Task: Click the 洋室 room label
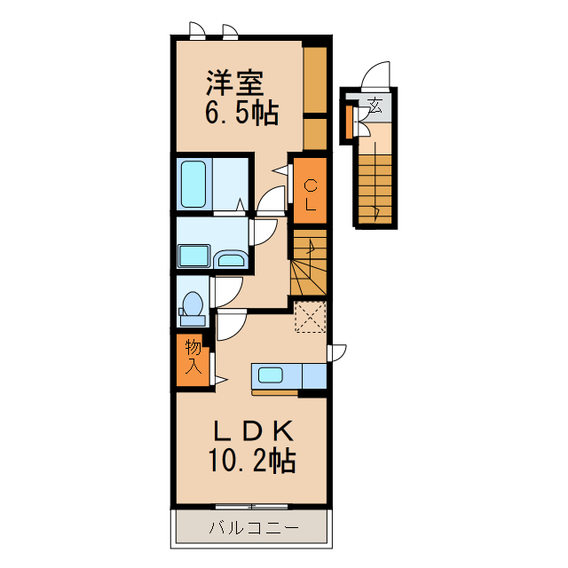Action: click(x=235, y=83)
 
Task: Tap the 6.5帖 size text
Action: click(x=241, y=113)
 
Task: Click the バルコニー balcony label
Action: click(x=254, y=527)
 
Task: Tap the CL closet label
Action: click(x=310, y=195)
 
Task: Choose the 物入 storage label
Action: click(x=193, y=357)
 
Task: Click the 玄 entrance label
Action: click(x=375, y=106)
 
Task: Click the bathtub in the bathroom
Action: click(x=193, y=184)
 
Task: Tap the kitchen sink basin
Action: click(x=270, y=375)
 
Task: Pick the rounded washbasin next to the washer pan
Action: click(x=230, y=259)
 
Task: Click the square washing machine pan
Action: click(x=193, y=256)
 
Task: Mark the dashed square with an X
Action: click(x=311, y=317)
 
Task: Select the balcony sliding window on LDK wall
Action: click(x=252, y=507)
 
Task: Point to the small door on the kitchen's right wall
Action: click(x=337, y=353)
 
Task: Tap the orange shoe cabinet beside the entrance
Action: click(x=349, y=122)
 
